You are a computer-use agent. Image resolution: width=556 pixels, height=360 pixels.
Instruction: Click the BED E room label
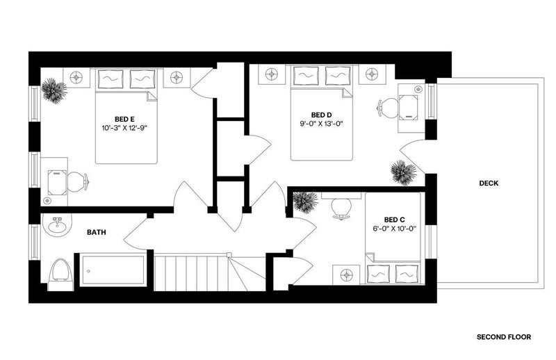tap(124, 119)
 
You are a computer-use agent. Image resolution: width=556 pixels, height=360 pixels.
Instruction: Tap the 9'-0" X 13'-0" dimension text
tap(322, 124)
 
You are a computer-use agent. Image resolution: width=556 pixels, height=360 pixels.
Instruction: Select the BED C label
tap(394, 220)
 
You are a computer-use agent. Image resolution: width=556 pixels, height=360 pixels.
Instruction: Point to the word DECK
tap(489, 183)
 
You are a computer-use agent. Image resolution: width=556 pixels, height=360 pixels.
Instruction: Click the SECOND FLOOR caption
tap(504, 337)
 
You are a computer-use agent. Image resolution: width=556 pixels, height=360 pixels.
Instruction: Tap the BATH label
tap(97, 232)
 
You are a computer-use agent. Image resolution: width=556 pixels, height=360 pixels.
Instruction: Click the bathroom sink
tap(57, 225)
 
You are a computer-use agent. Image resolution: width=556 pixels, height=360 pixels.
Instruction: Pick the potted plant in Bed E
tap(54, 90)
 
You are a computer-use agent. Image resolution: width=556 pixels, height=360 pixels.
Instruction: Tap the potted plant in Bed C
tap(305, 202)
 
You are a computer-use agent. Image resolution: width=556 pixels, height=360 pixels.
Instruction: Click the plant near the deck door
tap(404, 172)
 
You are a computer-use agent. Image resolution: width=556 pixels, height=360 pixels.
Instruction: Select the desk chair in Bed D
tap(387, 108)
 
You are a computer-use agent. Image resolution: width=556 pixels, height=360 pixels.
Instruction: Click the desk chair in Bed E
tap(77, 182)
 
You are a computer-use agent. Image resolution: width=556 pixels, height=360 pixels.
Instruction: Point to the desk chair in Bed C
tap(341, 209)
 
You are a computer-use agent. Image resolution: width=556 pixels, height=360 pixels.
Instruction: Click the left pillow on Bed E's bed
tap(111, 79)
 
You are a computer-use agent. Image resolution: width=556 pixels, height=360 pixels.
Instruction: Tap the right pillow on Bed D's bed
tap(338, 76)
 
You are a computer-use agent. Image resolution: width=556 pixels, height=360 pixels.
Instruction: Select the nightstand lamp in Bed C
tap(346, 275)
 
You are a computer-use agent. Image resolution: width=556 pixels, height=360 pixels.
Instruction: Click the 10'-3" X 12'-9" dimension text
tap(124, 128)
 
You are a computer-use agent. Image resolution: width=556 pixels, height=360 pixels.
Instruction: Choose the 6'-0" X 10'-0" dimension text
tap(394, 229)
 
